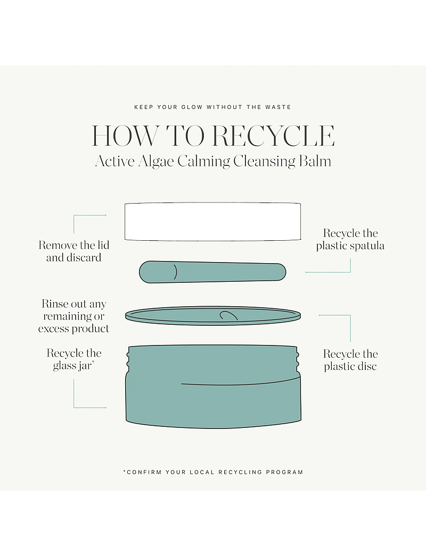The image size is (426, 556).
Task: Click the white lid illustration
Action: [x=213, y=221]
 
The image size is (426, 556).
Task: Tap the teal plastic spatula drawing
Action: [x=212, y=272]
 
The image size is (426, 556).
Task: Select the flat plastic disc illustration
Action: [x=213, y=316]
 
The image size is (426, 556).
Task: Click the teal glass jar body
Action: [x=213, y=386]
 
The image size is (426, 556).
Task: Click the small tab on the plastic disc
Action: [x=228, y=316]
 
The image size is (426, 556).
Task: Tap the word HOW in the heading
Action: [x=125, y=136]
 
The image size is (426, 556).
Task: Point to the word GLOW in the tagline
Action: [x=192, y=107]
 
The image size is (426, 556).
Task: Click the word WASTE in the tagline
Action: [x=278, y=107]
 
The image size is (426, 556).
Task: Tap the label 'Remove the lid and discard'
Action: [x=74, y=251]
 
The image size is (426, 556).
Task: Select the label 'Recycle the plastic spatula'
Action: [x=350, y=239]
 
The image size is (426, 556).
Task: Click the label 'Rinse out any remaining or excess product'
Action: [x=73, y=316]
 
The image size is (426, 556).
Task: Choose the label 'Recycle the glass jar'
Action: [x=74, y=359]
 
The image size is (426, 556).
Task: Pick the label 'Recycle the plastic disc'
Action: [x=350, y=360]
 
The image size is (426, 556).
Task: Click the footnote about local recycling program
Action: [x=213, y=473]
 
